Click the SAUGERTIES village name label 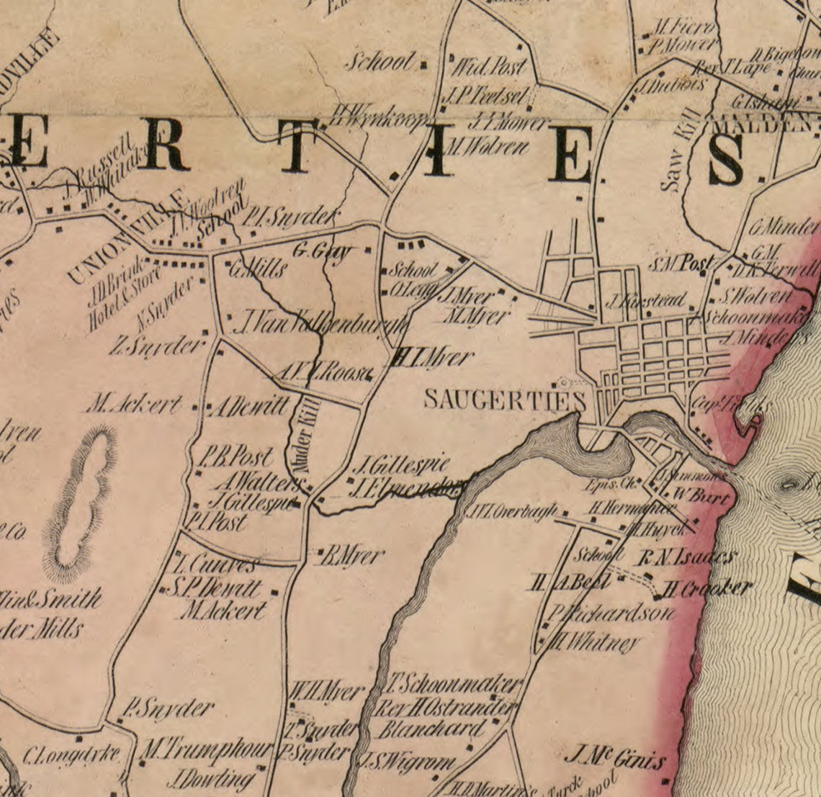pos(504,400)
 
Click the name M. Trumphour pos(206,750)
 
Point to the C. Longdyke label pos(71,755)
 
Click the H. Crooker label pos(706,588)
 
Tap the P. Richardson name pos(611,614)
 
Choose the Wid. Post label pos(488,68)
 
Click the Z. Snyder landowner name pos(157,347)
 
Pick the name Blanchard pos(431,729)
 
